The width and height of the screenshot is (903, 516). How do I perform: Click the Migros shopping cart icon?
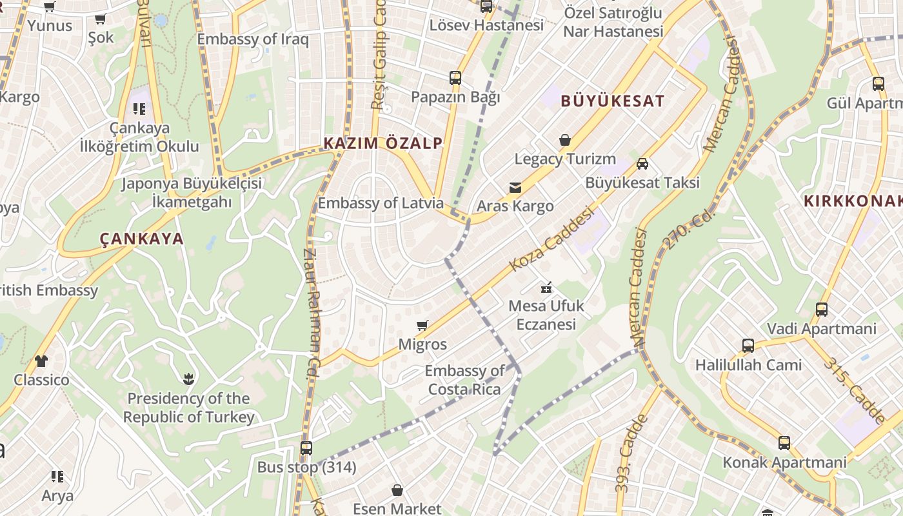coord(422,326)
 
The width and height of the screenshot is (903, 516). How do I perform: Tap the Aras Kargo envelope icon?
coord(515,188)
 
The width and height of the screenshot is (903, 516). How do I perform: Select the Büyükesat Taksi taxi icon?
coord(642,164)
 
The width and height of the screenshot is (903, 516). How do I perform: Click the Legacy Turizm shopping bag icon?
coord(565,140)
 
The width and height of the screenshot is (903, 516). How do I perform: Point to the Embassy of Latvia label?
coord(381,203)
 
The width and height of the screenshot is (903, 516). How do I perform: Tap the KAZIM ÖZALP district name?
coord(383,143)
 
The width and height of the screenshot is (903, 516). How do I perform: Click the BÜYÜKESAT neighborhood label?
coord(612,101)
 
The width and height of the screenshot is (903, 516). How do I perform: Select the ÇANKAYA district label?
coord(142,239)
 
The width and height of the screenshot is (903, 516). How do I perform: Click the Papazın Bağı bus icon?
coord(455,79)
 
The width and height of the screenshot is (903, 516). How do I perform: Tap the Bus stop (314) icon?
coord(306,448)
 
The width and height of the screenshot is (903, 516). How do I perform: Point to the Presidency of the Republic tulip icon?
coord(188,379)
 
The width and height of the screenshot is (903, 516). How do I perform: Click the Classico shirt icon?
coord(41,361)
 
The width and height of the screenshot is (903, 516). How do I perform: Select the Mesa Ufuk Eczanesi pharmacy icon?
coord(546,287)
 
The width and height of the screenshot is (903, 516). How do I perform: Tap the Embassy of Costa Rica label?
coord(464,380)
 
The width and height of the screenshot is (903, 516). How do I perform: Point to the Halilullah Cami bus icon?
coord(748,346)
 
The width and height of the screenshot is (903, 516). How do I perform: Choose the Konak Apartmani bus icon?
coord(784,443)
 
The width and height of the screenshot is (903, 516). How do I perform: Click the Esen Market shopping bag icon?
coord(397,490)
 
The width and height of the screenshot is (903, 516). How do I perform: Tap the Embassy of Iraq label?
coord(253,39)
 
